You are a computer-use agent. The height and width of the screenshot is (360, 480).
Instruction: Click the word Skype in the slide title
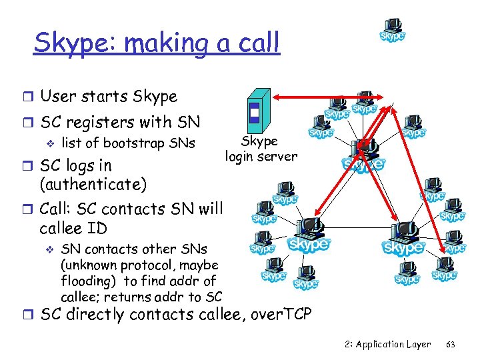67,43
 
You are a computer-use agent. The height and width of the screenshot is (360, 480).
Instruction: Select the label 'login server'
261,157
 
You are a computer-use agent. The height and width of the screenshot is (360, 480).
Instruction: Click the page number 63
450,344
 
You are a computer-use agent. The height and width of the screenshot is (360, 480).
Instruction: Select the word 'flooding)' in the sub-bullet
87,281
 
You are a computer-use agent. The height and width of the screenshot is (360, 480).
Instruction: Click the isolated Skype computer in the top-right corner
393,31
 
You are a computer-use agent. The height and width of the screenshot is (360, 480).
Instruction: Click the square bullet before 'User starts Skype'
29,97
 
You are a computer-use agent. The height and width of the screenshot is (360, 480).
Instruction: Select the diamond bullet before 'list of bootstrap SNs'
48,143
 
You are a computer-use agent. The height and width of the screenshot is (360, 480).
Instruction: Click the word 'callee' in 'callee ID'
63,229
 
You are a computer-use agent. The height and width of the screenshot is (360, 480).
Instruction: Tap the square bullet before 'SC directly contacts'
29,314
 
